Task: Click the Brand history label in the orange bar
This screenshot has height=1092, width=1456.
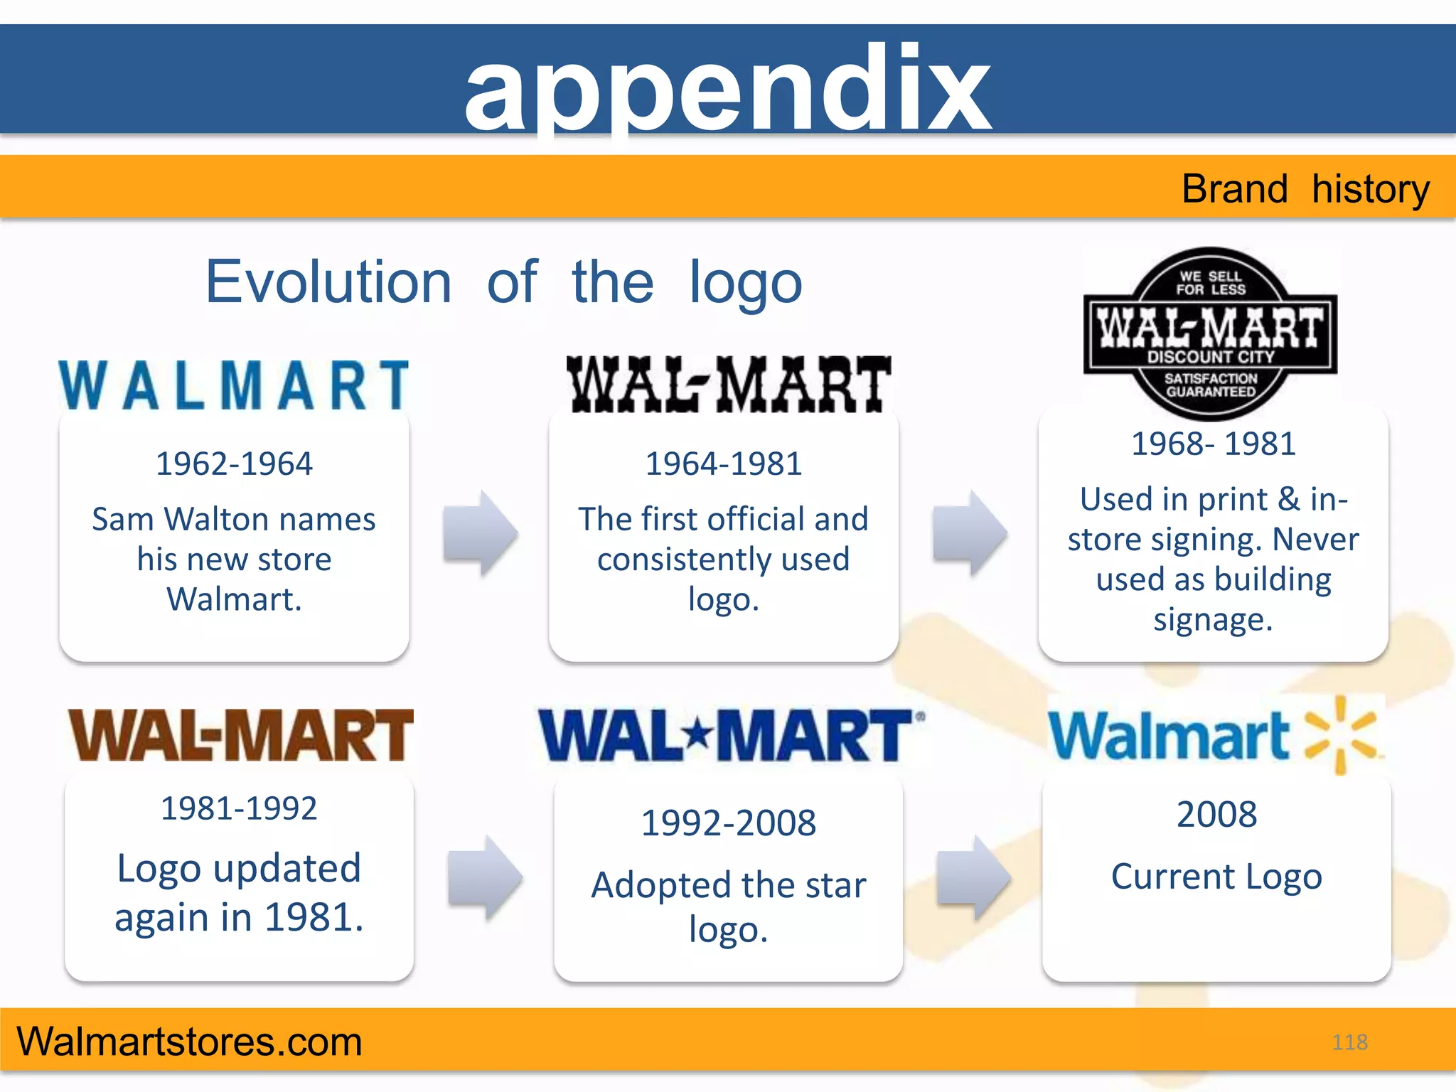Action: point(1305,189)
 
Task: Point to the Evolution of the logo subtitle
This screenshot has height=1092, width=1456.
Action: point(504,282)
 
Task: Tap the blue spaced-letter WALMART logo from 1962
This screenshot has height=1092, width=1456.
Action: point(234,385)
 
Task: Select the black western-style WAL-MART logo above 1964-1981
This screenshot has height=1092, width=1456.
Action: point(728,385)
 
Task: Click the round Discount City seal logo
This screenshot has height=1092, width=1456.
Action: point(1211,333)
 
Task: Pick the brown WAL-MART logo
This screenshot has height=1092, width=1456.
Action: point(240,735)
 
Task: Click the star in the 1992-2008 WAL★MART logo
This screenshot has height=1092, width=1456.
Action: point(700,732)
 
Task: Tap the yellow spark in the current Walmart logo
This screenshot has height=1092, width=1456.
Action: point(1341,735)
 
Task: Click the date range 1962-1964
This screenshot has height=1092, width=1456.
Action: point(234,464)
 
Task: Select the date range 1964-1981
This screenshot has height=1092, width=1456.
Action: point(724,464)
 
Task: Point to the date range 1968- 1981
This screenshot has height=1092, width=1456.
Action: point(1213,444)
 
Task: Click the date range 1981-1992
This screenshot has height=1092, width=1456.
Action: point(239,809)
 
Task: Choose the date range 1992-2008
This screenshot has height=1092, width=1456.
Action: point(728,823)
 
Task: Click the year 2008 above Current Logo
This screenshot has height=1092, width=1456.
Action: point(1216,815)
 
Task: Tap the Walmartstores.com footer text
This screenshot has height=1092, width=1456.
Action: point(189,1042)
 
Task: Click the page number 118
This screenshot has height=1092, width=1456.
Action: point(1349,1042)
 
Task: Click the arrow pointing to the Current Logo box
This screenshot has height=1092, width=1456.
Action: point(973,878)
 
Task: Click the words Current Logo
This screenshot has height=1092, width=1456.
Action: point(1216,877)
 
